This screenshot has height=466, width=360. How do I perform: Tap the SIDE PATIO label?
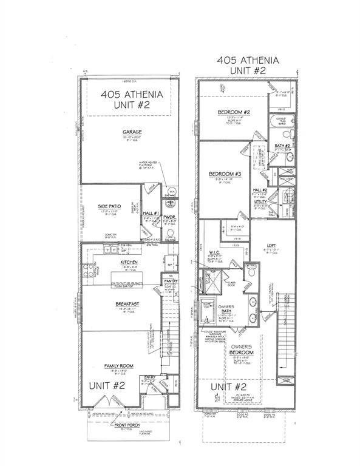110,207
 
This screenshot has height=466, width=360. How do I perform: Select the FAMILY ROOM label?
120,365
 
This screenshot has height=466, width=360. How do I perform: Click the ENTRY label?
148,376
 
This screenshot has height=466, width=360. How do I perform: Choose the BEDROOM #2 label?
231,113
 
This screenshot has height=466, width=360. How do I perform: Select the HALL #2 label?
260,191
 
